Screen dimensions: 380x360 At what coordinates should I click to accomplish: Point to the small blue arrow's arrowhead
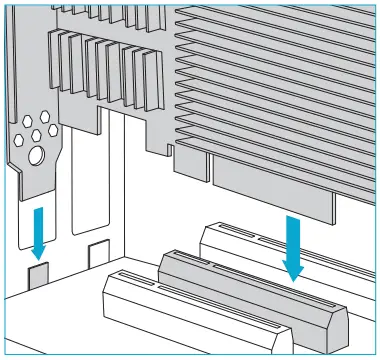point(37,242)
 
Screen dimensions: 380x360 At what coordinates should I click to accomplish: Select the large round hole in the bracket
point(36,155)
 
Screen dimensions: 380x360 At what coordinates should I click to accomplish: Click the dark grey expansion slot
point(250,295)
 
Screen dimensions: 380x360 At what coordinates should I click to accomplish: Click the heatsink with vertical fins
point(110,70)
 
